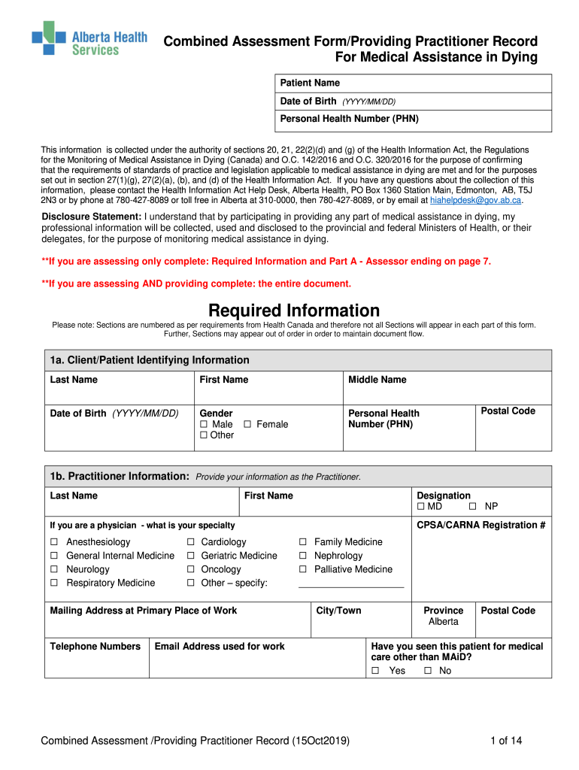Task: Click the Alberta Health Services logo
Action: [89, 38]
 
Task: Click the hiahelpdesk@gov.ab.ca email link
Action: [475, 201]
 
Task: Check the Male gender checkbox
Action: [204, 425]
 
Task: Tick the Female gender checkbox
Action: [247, 425]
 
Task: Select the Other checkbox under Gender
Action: [204, 435]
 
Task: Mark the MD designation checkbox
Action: [420, 507]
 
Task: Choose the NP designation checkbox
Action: [474, 507]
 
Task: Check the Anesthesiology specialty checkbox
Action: [54, 542]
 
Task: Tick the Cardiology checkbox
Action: [191, 542]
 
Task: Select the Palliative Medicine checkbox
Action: [303, 569]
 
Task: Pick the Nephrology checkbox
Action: [303, 556]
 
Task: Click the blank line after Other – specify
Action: [350, 585]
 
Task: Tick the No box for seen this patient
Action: [427, 671]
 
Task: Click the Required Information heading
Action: [294, 311]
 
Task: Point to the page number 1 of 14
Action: [505, 741]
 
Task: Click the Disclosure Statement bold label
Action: [91, 217]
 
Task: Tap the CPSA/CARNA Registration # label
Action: [480, 525]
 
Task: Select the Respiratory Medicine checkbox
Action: [54, 583]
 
